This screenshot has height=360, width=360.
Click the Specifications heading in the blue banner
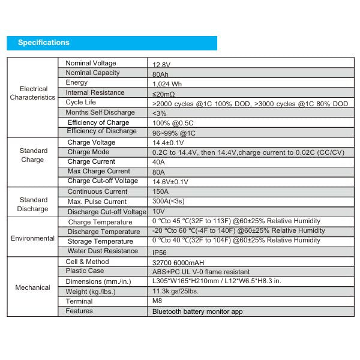pyautogui.click(x=44, y=43)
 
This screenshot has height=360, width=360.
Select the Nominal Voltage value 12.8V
pyautogui.click(x=161, y=64)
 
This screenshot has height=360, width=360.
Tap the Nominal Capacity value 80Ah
pyautogui.click(x=160, y=74)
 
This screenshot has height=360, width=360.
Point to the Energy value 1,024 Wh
pyautogui.click(x=166, y=84)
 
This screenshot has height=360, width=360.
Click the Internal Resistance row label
pyautogui.click(x=95, y=92)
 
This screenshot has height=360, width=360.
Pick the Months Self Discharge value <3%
pyautogui.click(x=159, y=113)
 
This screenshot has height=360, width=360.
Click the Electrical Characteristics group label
pyautogui.click(x=32, y=92)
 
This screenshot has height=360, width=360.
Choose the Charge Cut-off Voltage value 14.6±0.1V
pyautogui.click(x=170, y=182)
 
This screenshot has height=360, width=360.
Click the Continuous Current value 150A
pyautogui.click(x=161, y=192)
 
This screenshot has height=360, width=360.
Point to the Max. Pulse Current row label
pyautogui.click(x=97, y=202)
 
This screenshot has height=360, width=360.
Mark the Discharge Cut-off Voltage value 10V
pyautogui.click(x=158, y=212)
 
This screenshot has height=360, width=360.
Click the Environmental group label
pyautogui.click(x=32, y=238)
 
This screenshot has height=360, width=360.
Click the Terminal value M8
pyautogui.click(x=157, y=301)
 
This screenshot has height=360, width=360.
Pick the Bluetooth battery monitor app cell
pyautogui.click(x=197, y=311)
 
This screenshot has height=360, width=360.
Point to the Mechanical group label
pyautogui.click(x=32, y=287)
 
